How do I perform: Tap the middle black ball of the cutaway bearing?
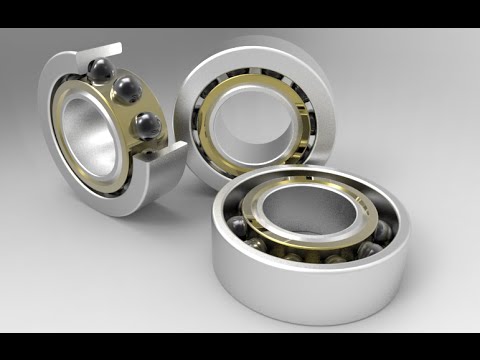point(126,91)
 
